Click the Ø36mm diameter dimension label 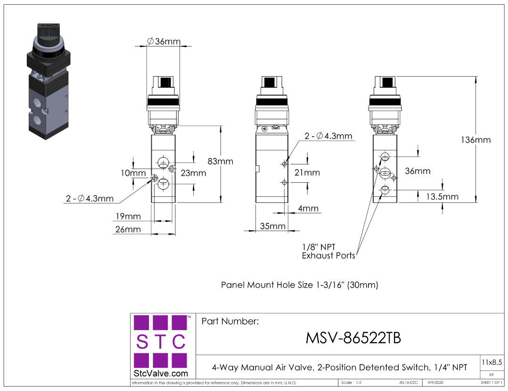coord(164,41)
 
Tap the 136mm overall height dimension coord(476,140)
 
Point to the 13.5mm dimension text coord(442,197)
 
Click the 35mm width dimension coord(273,226)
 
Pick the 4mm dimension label coord(308,208)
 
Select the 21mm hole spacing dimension coord(307,172)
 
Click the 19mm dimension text coord(128,216)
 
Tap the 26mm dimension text coord(128,229)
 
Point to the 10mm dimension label coord(133,173)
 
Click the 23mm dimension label coord(193,173)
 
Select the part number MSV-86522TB coord(353,338)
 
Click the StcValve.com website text coord(162,374)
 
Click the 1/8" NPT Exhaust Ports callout coord(328,251)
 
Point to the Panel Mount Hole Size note coord(300,285)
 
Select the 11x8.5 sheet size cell coord(492,362)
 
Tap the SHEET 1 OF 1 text coord(491,383)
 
